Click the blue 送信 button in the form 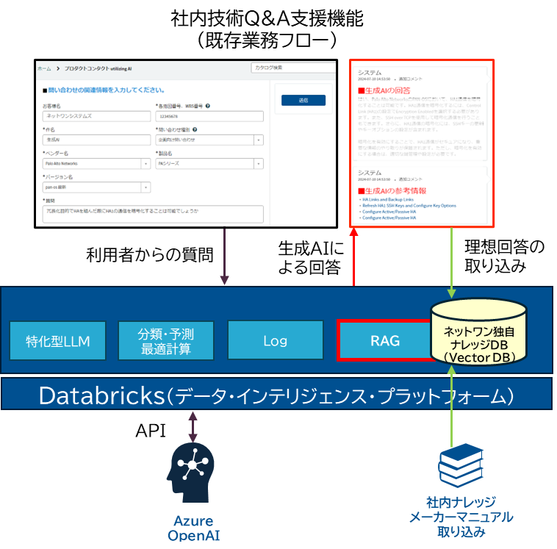coord(303,100)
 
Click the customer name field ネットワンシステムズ coord(96,115)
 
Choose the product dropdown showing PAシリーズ coord(205,163)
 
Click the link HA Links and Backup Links coord(387,199)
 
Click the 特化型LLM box coord(58,341)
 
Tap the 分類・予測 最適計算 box coord(166,341)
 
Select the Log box coord(276,341)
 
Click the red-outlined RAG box coord(384,340)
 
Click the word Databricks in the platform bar coord(101,395)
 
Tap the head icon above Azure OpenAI coord(193,470)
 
